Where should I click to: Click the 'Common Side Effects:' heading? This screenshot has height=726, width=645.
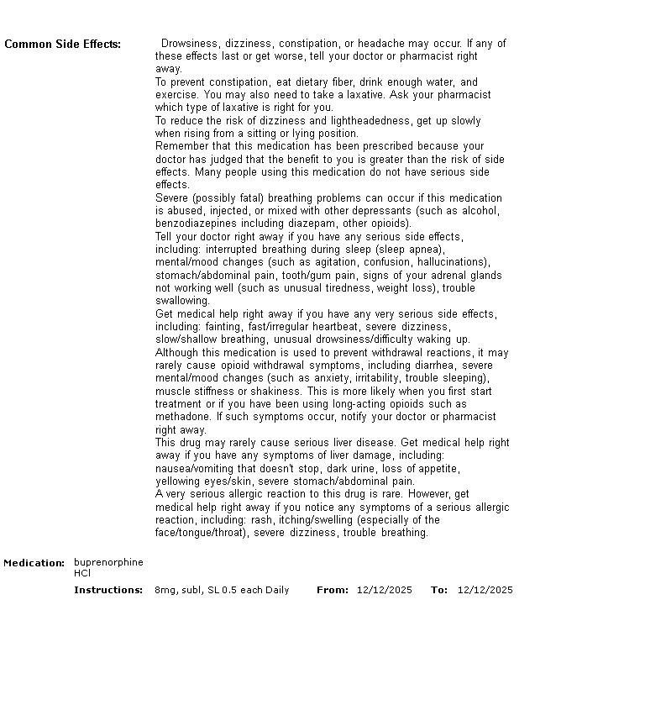point(62,45)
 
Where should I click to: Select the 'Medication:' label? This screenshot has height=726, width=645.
point(34,563)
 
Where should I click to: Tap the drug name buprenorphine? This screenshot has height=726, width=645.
point(108,562)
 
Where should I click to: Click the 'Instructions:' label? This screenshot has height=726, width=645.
point(108,590)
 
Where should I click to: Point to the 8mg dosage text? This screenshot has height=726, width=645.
point(165,590)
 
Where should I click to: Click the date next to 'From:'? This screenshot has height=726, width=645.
point(384,590)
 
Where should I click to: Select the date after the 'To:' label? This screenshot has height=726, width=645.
point(485,590)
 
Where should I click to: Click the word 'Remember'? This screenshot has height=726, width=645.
point(180,146)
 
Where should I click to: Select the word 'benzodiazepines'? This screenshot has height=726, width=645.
point(195,224)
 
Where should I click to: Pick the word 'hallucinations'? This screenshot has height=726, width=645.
point(452,262)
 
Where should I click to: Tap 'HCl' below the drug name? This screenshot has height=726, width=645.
point(82,574)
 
